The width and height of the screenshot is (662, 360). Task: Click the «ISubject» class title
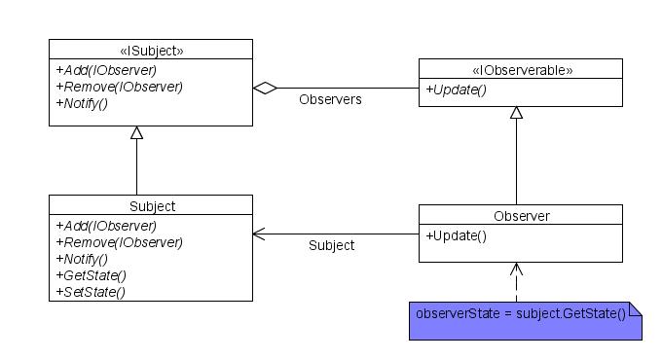coord(151,51)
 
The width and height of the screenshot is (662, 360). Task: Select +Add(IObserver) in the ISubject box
coord(106,70)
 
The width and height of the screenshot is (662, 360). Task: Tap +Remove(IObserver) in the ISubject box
coord(119,87)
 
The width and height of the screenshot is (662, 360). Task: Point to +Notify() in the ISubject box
coord(82,103)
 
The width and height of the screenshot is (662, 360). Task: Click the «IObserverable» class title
coord(521,70)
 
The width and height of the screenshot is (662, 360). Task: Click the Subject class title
coord(151,206)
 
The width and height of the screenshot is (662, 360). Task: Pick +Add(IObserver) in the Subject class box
coord(106,226)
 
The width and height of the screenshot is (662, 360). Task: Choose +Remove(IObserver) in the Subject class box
coord(119,242)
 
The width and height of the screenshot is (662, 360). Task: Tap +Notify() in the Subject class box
coord(82,259)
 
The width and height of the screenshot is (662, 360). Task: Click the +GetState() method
coord(91,275)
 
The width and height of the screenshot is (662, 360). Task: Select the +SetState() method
coord(91,292)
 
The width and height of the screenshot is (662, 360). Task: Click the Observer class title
coord(521,215)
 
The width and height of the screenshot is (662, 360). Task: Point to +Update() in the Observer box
coord(456,235)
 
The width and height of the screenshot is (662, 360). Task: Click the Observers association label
coord(330,99)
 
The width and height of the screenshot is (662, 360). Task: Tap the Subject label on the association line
coord(331,245)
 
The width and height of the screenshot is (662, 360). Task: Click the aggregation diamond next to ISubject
coord(265,88)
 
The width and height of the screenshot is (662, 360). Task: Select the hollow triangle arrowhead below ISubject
coord(137,133)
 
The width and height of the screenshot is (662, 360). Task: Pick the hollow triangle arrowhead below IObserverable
coord(517,113)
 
